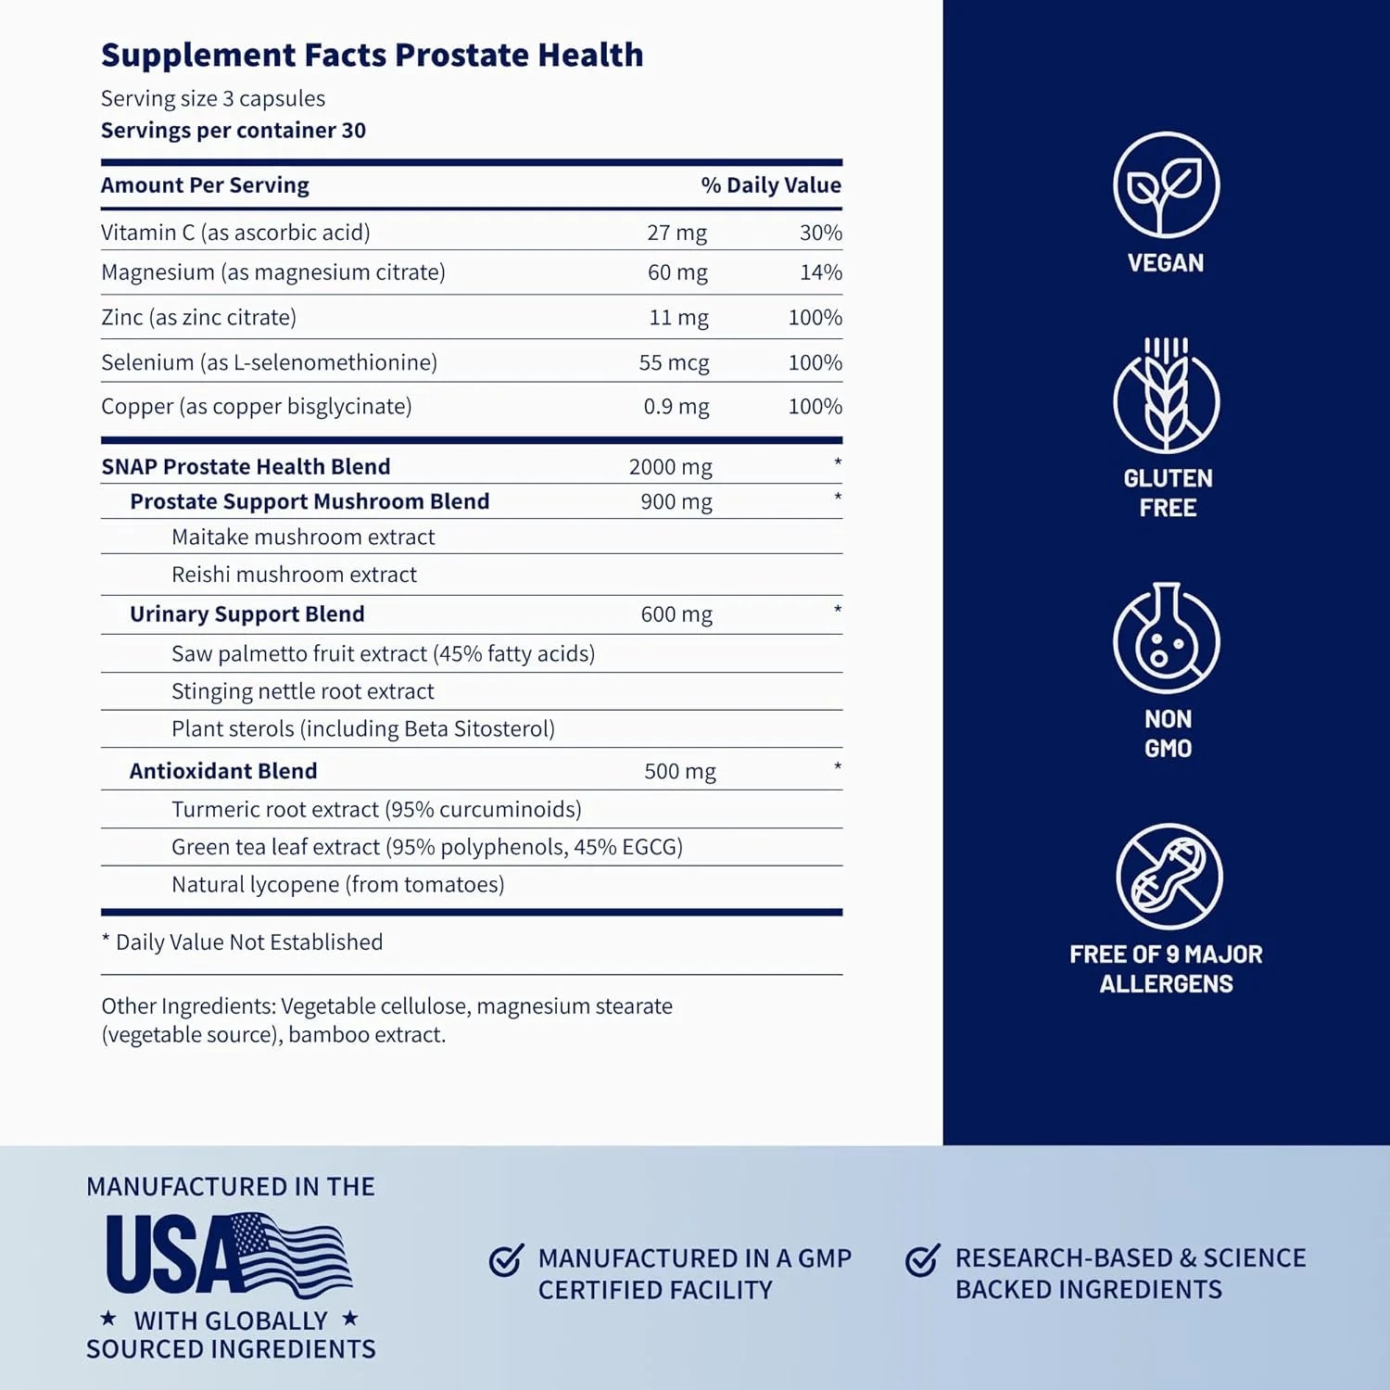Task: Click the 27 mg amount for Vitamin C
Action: click(676, 233)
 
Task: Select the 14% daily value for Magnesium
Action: click(820, 272)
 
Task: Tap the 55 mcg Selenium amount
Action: click(674, 362)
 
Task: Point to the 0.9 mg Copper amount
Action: click(676, 407)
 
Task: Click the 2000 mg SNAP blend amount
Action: click(670, 467)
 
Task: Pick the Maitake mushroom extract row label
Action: click(303, 537)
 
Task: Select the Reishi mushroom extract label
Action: click(294, 575)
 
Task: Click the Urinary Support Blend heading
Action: click(246, 614)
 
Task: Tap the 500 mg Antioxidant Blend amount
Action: click(680, 771)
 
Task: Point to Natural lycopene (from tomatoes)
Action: click(337, 885)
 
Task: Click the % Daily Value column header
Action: click(770, 185)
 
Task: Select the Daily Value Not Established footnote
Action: click(242, 942)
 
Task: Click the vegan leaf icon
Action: click(1166, 185)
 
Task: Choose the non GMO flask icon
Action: click(1166, 639)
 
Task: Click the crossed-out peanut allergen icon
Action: click(1169, 877)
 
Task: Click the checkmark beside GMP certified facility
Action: click(506, 1259)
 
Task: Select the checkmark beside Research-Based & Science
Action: click(922, 1259)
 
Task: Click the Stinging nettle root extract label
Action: click(302, 691)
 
